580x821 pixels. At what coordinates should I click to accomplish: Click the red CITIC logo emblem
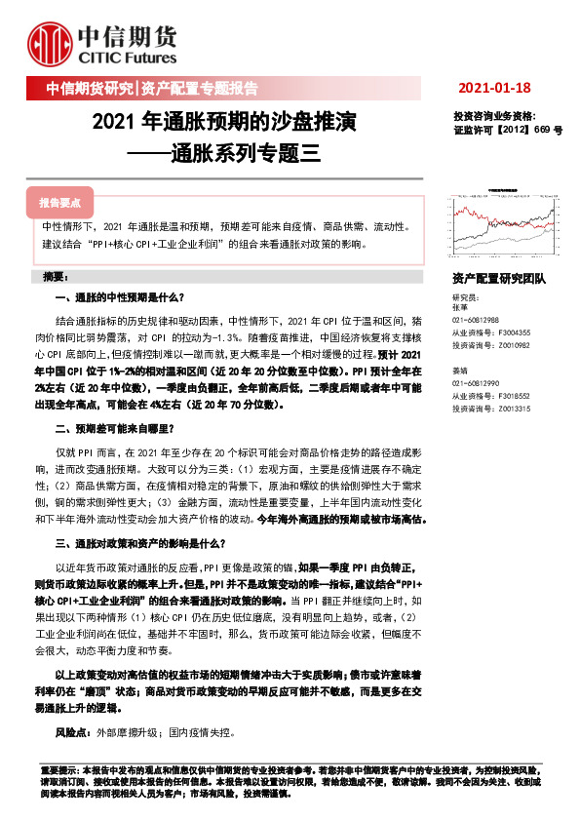50,44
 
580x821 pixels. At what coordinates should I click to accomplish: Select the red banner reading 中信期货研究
90,89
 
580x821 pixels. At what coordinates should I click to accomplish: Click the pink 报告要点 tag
59,203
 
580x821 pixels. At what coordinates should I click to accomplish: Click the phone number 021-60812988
476,320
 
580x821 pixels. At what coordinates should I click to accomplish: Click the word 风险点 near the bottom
71,731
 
